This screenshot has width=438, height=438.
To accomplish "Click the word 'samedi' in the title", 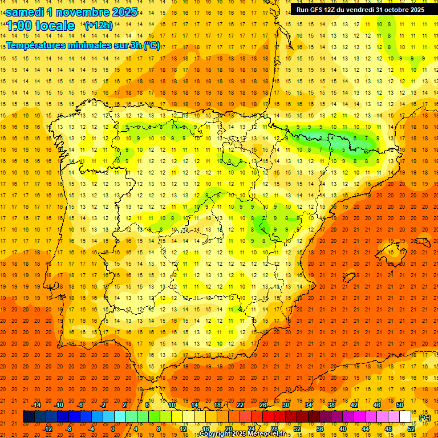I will pyautogui.click(x=28, y=12).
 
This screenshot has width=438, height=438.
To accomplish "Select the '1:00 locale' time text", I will pyautogui.click(x=40, y=26).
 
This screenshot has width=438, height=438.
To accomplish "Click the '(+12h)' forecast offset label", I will pyautogui.click(x=99, y=26).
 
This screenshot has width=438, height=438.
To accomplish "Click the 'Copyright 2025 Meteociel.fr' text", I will pyautogui.click(x=242, y=434).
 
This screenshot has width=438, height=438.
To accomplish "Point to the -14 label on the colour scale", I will pyautogui.click(x=36, y=405).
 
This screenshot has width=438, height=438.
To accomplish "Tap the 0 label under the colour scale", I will pyautogui.click(x=113, y=429).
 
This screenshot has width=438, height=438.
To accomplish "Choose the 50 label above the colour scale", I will pyautogui.click(x=400, y=405).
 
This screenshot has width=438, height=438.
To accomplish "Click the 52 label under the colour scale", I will pyautogui.click(x=411, y=429).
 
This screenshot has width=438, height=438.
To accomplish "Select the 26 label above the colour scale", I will pyautogui.click(x=263, y=405).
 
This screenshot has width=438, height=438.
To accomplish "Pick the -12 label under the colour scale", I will pyautogui.click(x=47, y=429).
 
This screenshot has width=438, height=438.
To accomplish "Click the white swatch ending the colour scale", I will pyautogui.click(x=405, y=417).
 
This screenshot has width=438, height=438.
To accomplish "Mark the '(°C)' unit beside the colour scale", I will pyautogui.click(x=425, y=417).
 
